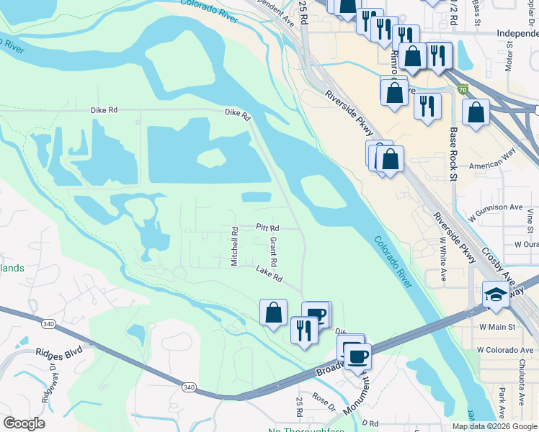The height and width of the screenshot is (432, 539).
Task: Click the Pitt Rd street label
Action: (x=267, y=227)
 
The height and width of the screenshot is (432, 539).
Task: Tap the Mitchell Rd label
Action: (x=234, y=247)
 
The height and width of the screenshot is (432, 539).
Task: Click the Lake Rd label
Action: (x=269, y=274)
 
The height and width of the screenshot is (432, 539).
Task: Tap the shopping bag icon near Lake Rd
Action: (x=273, y=312)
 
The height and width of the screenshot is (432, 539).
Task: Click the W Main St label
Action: (x=498, y=326)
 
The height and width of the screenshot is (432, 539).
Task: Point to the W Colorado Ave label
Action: (x=507, y=350)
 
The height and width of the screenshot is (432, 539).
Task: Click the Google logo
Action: (x=24, y=423)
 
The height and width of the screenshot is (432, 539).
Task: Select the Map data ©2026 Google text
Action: (x=493, y=426)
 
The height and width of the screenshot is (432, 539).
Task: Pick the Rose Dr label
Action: (x=324, y=401)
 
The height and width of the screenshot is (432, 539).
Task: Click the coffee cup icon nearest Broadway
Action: (x=357, y=355)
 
